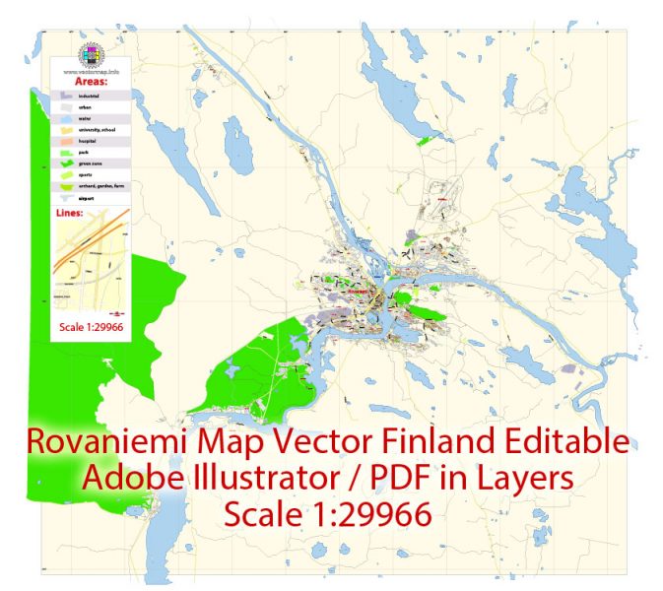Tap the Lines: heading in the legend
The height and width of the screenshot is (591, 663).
pos(76,212)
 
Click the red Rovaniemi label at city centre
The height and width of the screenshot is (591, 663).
pos(359,290)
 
